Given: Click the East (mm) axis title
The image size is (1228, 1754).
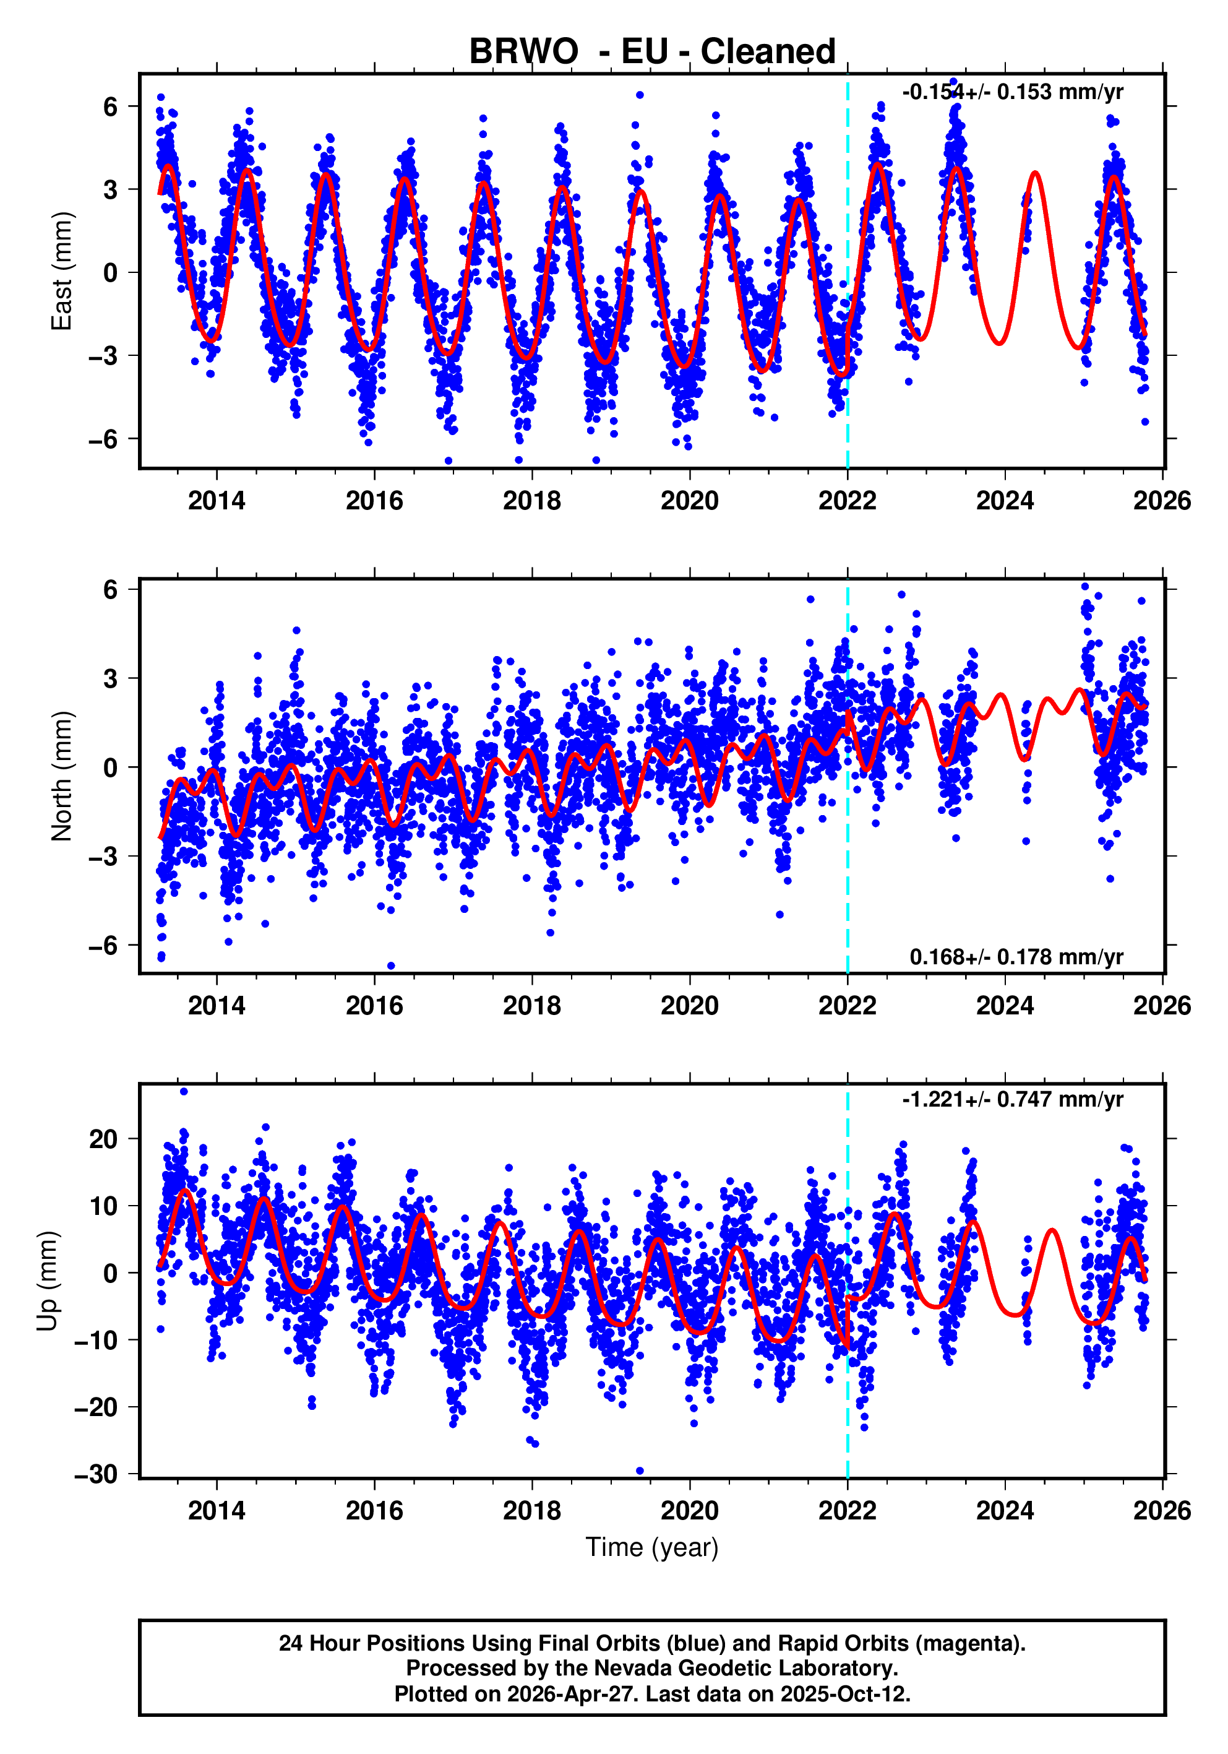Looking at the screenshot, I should pyautogui.click(x=61, y=271).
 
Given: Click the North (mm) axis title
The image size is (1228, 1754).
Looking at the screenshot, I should pyautogui.click(x=61, y=776).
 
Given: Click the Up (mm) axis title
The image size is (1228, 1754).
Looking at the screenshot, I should pyautogui.click(x=48, y=1281).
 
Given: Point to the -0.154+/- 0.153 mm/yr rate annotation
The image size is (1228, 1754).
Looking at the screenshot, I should pyautogui.click(x=1012, y=92).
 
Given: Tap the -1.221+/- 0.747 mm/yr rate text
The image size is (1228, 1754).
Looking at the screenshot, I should pyautogui.click(x=1012, y=1099).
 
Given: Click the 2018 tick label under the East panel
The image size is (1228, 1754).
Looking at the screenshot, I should pyautogui.click(x=531, y=501).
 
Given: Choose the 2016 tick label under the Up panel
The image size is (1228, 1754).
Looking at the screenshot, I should pyautogui.click(x=374, y=1510).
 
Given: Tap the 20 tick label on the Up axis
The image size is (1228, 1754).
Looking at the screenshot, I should pyautogui.click(x=103, y=1139).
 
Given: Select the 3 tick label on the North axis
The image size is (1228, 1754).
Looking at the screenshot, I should pyautogui.click(x=111, y=678).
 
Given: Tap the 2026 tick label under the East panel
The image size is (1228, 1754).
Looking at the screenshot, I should pyautogui.click(x=1162, y=501).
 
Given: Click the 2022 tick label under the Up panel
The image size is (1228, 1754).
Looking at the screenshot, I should pyautogui.click(x=847, y=1510).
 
